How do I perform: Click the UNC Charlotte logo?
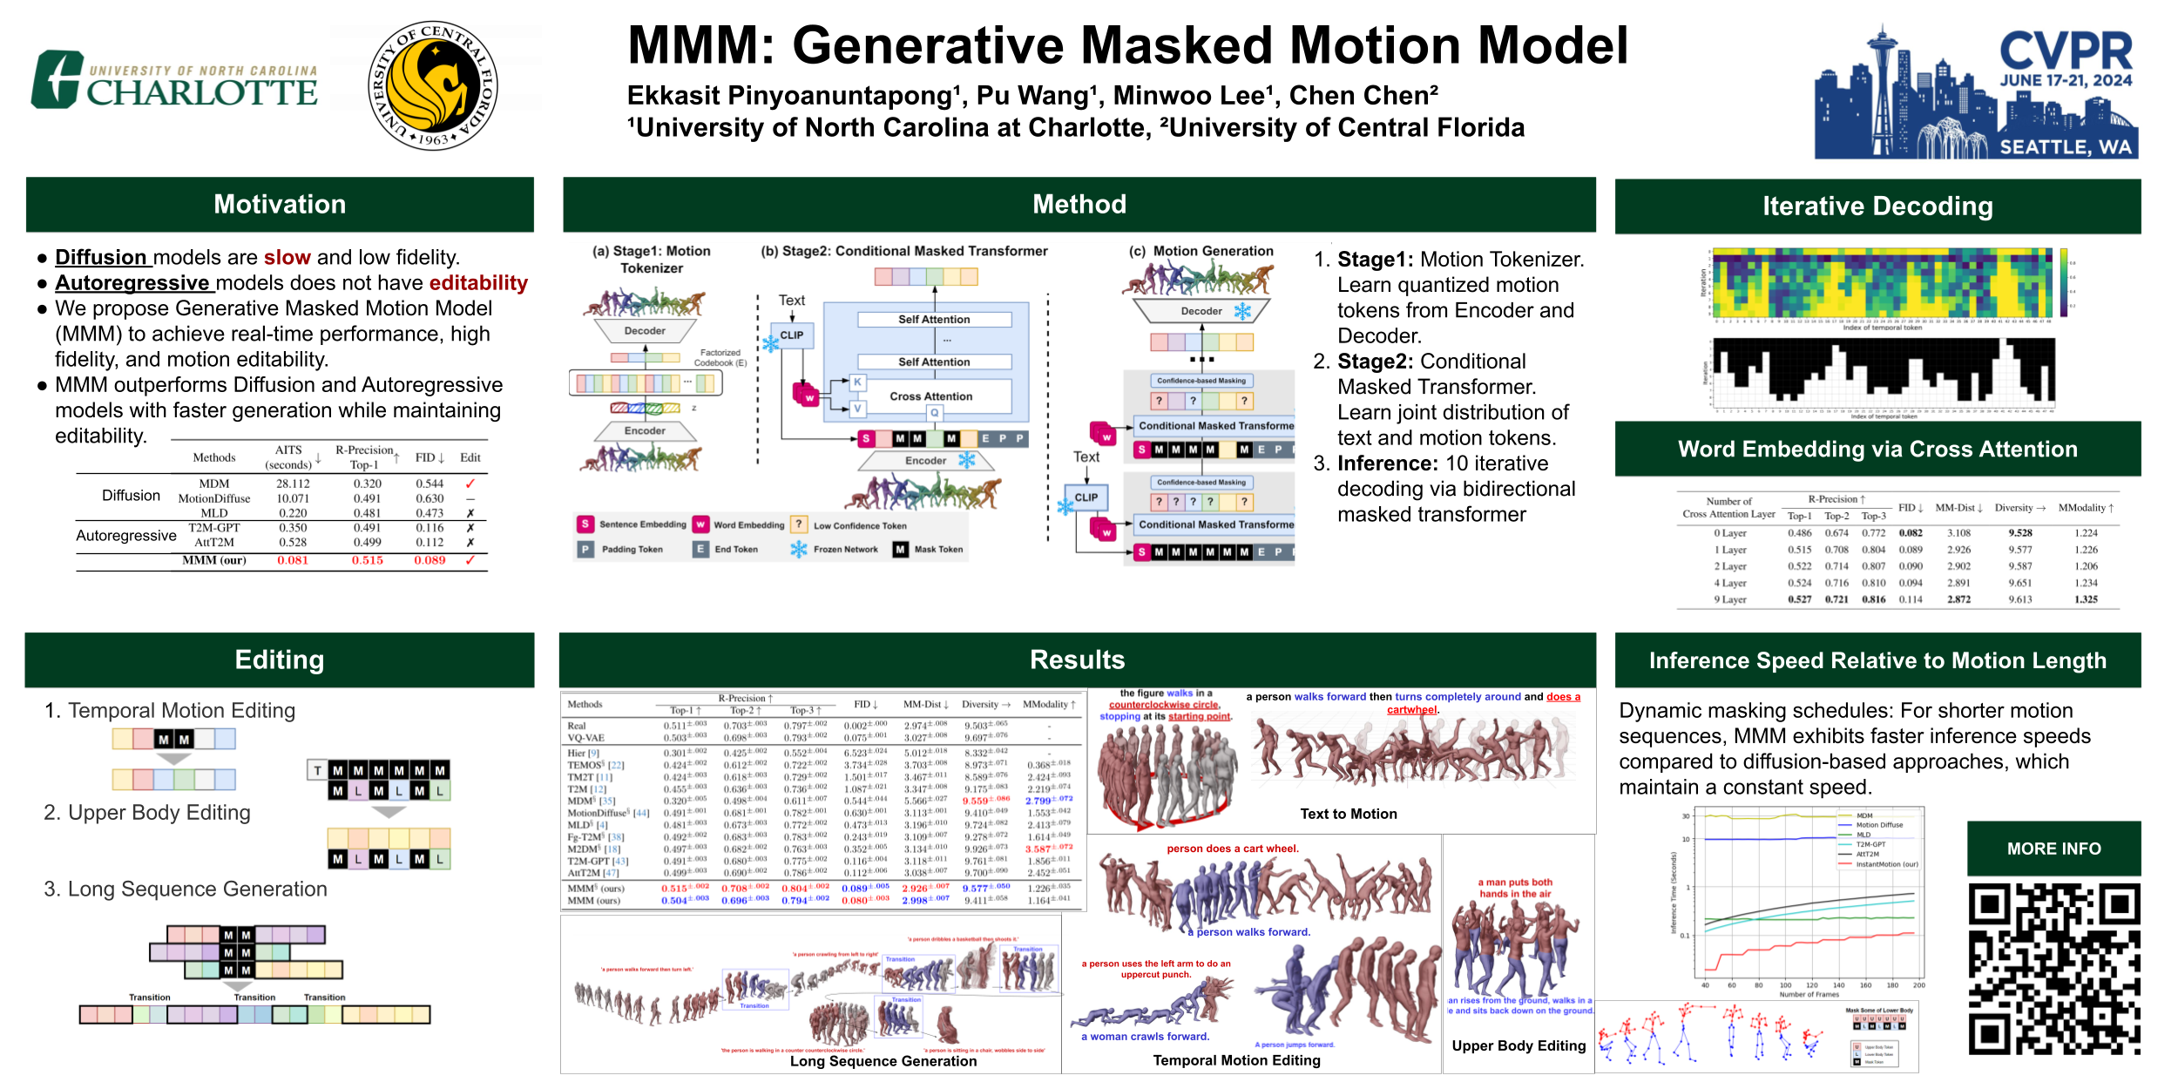pos(174,81)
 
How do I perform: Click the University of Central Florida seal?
pos(433,85)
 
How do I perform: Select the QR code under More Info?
pos(2053,968)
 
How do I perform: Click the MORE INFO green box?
pos(2053,849)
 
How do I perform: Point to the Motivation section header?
pos(280,205)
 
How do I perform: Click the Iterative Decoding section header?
pos(1877,206)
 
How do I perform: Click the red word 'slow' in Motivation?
pos(287,258)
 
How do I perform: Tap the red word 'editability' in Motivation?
pos(478,283)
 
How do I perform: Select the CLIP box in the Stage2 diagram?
pos(791,335)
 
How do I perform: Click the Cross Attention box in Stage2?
pos(930,396)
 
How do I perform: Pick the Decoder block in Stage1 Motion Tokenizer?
pos(645,331)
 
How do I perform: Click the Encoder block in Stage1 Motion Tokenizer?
pos(645,431)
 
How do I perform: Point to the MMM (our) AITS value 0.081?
pos(293,560)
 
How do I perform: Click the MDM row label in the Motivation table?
pos(214,484)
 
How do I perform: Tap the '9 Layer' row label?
pos(1730,599)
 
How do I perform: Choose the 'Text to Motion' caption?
pos(1348,814)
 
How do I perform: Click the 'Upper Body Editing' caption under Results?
pos(1519,1045)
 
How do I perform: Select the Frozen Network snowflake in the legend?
pos(798,549)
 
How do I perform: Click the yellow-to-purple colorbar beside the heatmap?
pos(2064,282)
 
